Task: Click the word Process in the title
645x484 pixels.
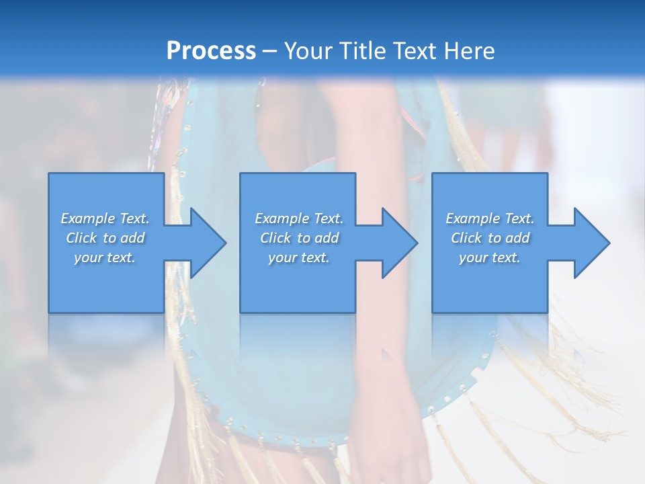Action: [211, 50]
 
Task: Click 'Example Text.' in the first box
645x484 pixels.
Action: [105, 218]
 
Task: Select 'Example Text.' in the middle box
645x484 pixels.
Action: [299, 218]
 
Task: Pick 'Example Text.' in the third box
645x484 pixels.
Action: [490, 218]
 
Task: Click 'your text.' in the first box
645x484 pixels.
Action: [105, 257]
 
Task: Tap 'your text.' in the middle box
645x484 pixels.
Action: [299, 257]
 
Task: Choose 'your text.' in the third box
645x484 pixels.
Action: [490, 257]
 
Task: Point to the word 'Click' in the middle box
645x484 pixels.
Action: [275, 238]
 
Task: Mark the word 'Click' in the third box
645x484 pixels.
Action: [466, 238]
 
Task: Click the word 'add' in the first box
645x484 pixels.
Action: [133, 238]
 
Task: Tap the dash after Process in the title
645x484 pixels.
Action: [270, 51]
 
